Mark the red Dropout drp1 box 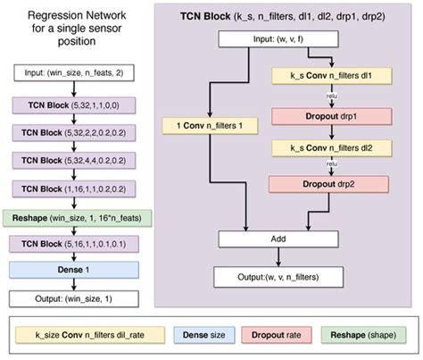pyautogui.click(x=332, y=116)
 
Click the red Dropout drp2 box pyautogui.click(x=332, y=185)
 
